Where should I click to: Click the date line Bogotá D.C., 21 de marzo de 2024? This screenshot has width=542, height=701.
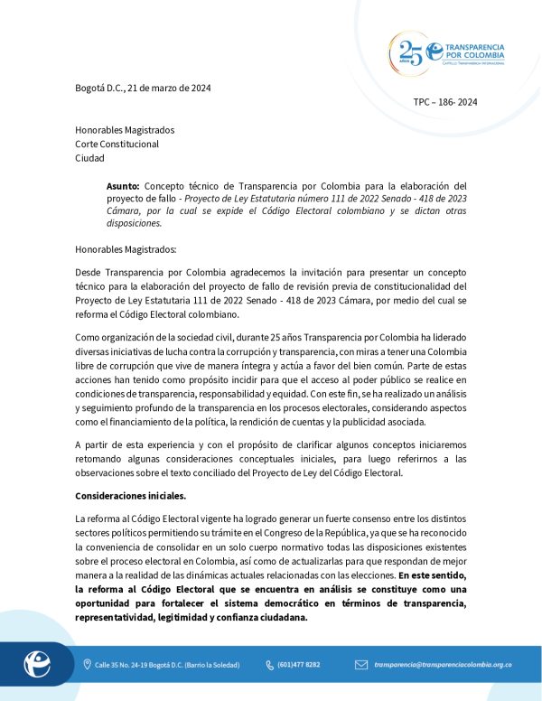click(143, 88)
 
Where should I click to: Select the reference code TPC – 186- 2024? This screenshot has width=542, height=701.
click(444, 102)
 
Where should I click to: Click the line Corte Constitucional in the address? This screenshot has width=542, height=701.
click(117, 144)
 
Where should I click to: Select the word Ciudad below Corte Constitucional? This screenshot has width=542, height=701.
click(89, 158)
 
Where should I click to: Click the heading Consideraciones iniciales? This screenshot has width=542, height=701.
click(130, 496)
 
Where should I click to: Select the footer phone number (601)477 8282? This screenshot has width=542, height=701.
click(298, 665)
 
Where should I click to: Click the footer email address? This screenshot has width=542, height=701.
click(443, 665)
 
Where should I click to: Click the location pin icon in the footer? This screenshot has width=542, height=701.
click(86, 665)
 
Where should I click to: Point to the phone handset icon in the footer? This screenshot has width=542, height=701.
click(269, 665)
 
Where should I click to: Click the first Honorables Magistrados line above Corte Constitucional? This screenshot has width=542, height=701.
click(125, 130)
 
